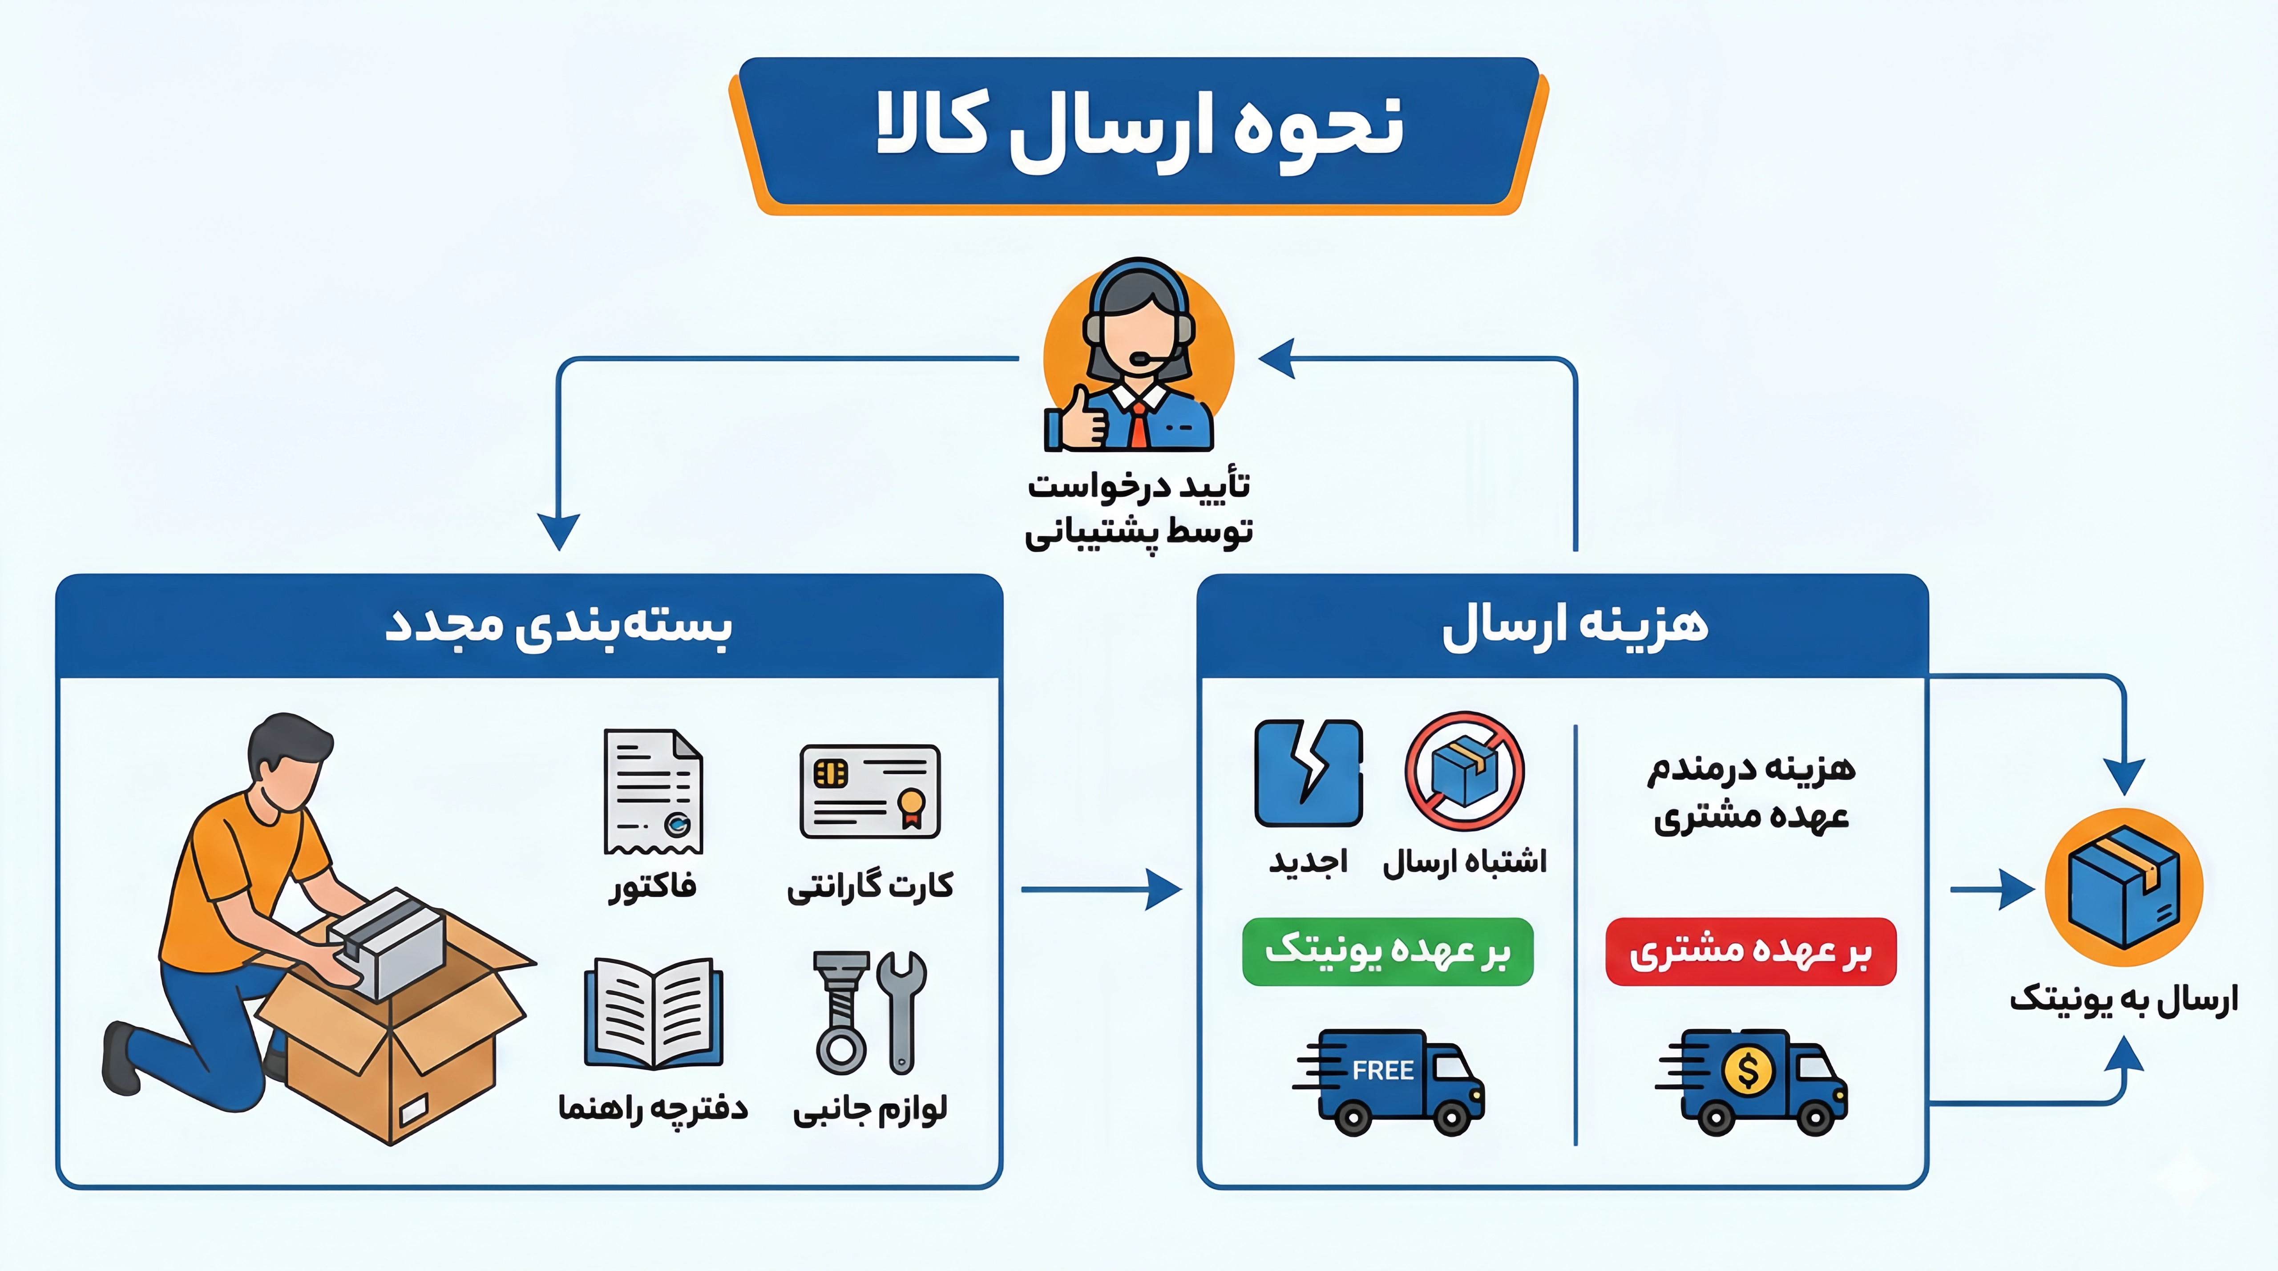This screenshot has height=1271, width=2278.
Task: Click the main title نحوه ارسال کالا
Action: [x=1139, y=133]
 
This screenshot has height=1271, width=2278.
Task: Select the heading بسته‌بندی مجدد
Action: [x=559, y=625]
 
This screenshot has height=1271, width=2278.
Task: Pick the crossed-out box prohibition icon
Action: [x=1464, y=771]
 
